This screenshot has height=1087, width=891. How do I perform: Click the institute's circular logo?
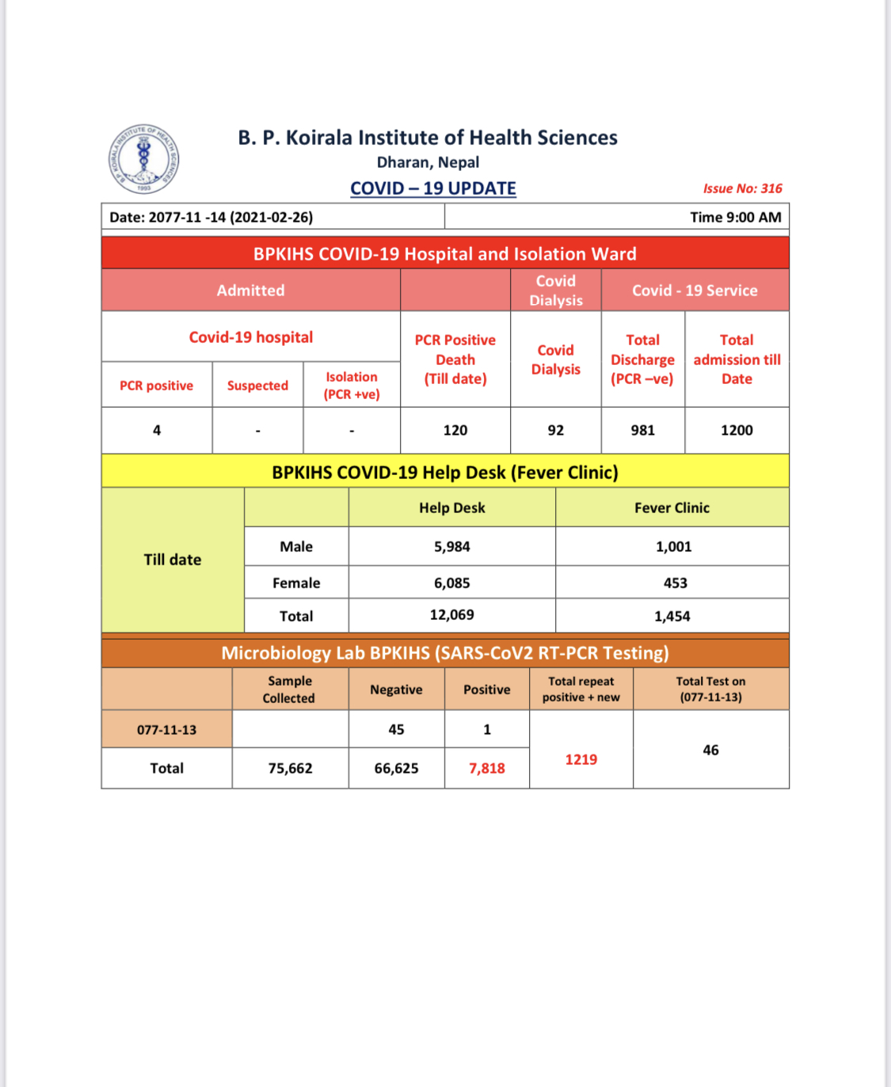[x=143, y=159]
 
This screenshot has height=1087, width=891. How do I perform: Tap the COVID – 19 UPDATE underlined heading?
[x=433, y=188]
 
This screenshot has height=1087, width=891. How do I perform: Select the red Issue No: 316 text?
[x=742, y=188]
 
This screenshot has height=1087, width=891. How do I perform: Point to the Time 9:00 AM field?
[x=735, y=217]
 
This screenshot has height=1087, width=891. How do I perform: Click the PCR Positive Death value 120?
[x=455, y=430]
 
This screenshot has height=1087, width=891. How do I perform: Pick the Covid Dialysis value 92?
[x=556, y=430]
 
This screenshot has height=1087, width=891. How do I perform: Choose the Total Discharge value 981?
[x=642, y=430]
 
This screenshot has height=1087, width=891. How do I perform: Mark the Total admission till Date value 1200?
[x=737, y=430]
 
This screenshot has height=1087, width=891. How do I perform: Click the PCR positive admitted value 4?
[x=157, y=430]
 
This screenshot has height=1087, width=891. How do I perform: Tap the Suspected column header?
[x=257, y=386]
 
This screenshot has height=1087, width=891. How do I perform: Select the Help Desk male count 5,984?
[x=451, y=546]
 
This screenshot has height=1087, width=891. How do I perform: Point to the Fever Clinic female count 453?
[x=675, y=583]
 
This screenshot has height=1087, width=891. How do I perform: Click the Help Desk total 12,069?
[x=451, y=615]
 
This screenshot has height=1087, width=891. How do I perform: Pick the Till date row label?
[x=173, y=560]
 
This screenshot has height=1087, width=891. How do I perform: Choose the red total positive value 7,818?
[x=486, y=768]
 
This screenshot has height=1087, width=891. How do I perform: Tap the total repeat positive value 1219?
[x=581, y=759]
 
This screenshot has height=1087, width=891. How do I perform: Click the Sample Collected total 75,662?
[x=290, y=768]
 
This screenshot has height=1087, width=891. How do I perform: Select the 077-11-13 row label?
[x=166, y=729]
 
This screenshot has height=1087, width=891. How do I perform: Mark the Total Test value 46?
[x=710, y=750]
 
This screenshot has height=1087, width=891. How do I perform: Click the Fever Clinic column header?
[x=672, y=507]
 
